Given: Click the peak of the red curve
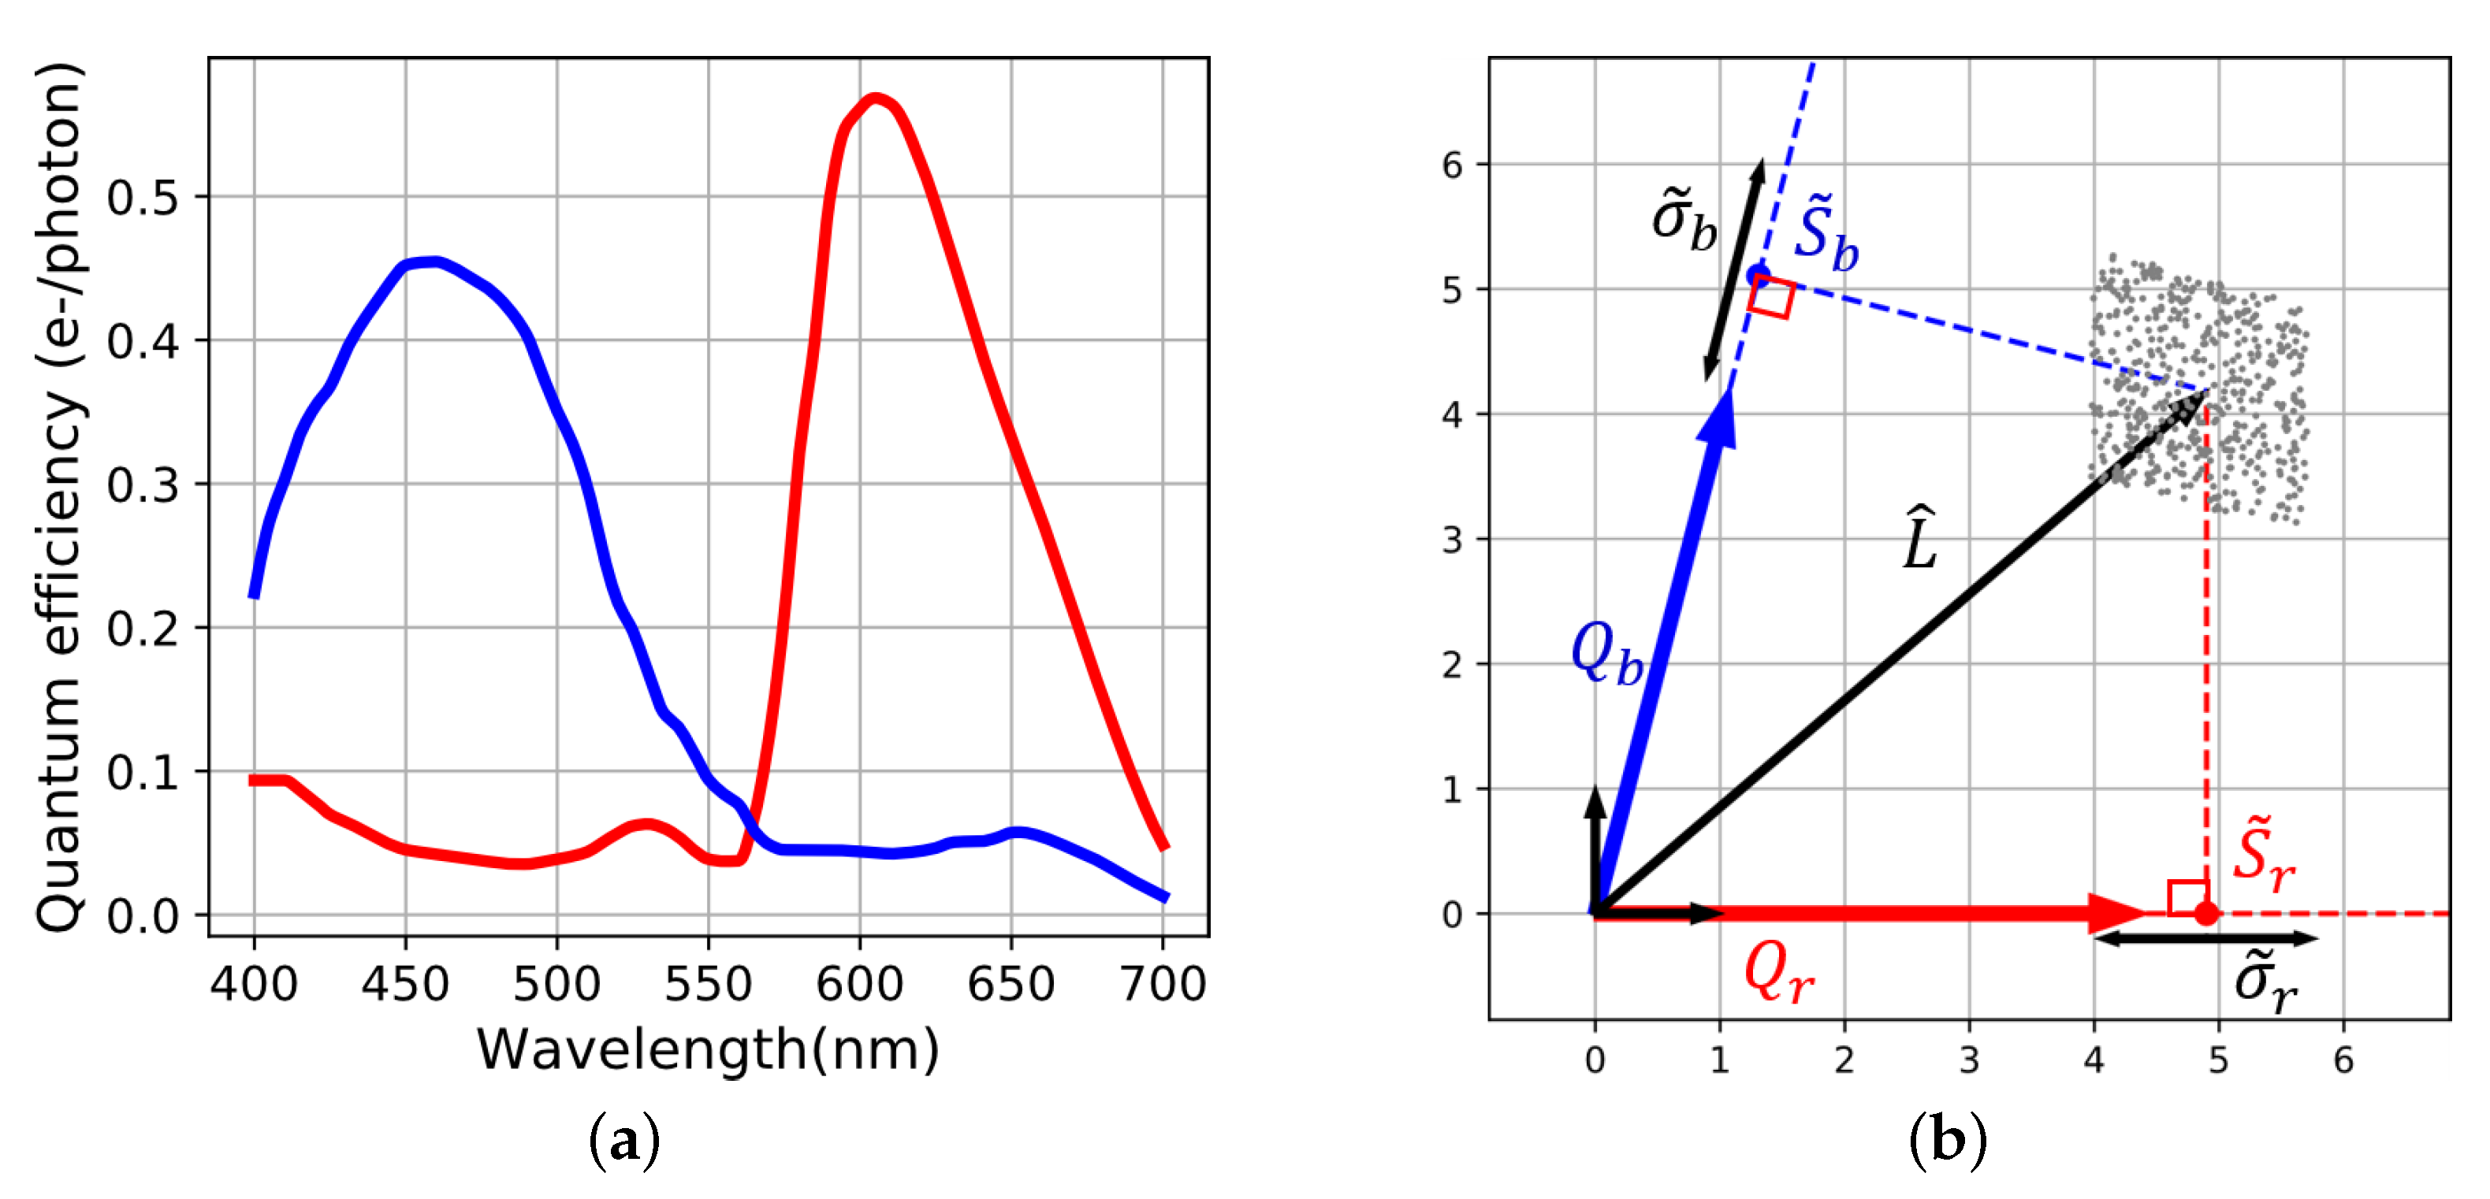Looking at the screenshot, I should point(875,98).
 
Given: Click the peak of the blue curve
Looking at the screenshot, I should point(434,262).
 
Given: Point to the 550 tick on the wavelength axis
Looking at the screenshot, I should point(709,985).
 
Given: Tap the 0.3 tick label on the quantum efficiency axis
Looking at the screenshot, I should point(143,485).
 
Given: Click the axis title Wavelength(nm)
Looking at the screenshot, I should point(708,1049).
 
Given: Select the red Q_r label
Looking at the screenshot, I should point(1778,974).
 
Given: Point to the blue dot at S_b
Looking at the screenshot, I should point(1757,276).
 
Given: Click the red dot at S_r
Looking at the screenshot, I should point(2205,913).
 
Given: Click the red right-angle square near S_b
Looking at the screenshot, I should point(1772,298).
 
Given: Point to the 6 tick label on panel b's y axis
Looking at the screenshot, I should point(1452,165).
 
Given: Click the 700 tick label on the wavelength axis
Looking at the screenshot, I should point(1163,985).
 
